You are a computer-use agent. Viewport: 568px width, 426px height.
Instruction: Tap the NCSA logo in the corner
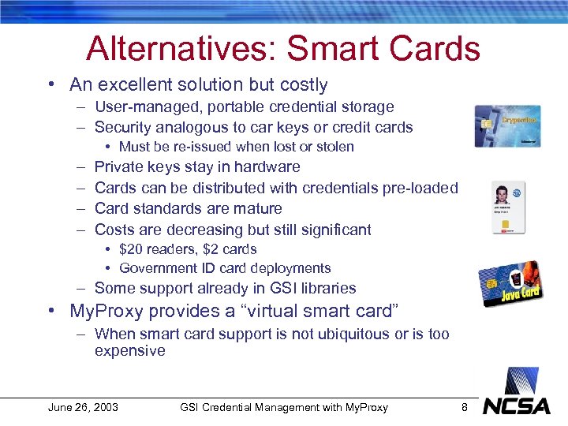(x=517, y=405)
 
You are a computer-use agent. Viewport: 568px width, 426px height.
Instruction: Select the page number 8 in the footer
(x=465, y=407)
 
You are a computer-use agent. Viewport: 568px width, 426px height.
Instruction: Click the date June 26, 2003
(x=83, y=407)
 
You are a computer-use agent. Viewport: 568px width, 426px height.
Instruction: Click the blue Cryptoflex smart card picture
(x=507, y=126)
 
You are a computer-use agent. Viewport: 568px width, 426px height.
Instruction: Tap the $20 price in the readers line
(x=132, y=249)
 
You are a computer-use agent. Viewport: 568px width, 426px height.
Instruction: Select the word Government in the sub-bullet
(x=156, y=268)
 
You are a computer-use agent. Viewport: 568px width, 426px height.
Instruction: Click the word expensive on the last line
(x=130, y=350)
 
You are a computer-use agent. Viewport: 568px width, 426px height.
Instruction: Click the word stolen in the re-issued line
(x=334, y=147)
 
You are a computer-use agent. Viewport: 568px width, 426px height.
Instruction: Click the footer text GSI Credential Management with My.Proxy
(x=284, y=407)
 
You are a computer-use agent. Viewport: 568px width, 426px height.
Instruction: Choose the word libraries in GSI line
(x=324, y=288)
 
